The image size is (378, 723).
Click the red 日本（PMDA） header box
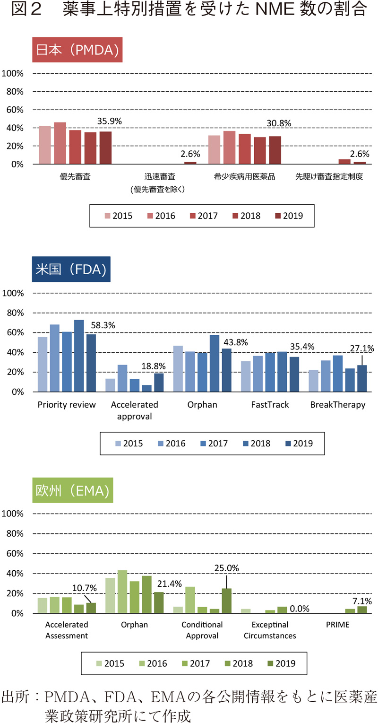tap(77, 50)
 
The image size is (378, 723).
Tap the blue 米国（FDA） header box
tap(71, 269)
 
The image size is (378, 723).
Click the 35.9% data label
tap(110, 121)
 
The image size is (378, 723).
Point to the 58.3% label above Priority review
tap(102, 325)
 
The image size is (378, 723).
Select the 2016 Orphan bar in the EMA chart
tap(122, 592)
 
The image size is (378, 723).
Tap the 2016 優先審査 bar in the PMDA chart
tap(60, 143)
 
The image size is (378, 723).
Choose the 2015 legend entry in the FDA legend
tap(128, 443)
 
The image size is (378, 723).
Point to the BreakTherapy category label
tap(338, 405)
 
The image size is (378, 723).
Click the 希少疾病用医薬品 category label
tap(244, 177)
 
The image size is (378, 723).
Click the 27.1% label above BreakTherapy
tap(362, 348)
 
